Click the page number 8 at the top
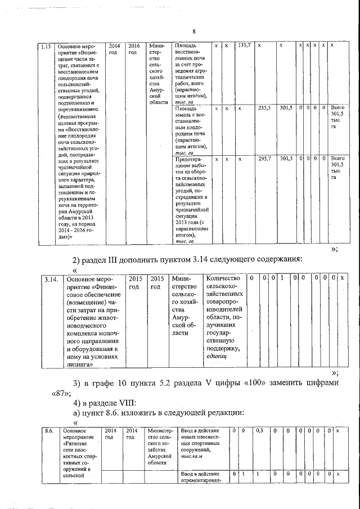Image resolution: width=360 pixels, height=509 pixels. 193,31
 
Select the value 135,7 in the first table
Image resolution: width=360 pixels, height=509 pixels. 245,45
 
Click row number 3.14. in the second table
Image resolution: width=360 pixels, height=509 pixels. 52,279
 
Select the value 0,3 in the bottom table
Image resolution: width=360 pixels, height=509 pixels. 259,430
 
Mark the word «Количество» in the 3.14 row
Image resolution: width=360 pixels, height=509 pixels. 223,279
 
